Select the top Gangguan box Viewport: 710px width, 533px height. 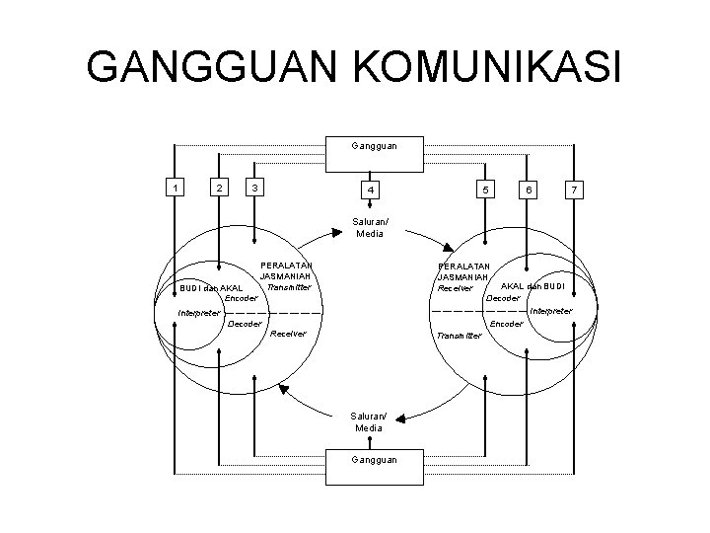[x=375, y=146]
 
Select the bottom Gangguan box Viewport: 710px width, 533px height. [x=375, y=460]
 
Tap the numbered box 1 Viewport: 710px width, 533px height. [x=174, y=188]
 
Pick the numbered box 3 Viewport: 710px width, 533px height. [x=255, y=188]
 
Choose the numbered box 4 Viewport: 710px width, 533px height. [x=371, y=189]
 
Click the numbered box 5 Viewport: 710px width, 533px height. [x=485, y=189]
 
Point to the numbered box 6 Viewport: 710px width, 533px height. [x=530, y=189]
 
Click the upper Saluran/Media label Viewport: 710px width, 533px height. [x=371, y=227]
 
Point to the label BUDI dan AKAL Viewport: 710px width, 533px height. [x=210, y=288]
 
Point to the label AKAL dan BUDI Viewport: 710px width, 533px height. [x=532, y=286]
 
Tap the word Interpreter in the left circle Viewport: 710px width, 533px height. [x=199, y=313]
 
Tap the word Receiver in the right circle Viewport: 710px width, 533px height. [x=457, y=288]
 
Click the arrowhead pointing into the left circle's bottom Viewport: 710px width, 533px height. [x=283, y=389]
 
